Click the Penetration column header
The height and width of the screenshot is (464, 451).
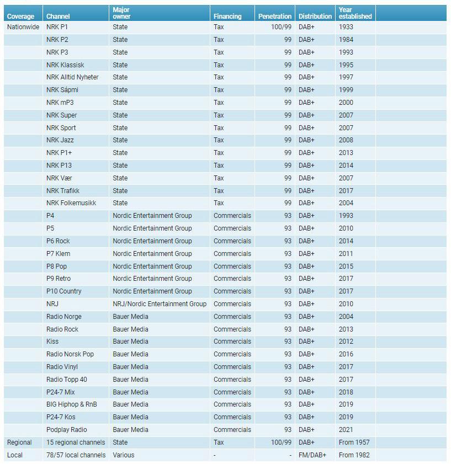[x=274, y=17]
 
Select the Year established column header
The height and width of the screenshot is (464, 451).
[x=355, y=13]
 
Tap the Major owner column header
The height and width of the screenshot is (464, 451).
[x=121, y=13]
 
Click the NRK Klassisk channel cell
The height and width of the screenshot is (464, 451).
[x=65, y=65]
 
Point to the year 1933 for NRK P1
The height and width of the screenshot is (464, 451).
[x=346, y=27]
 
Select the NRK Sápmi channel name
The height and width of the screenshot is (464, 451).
[x=62, y=90]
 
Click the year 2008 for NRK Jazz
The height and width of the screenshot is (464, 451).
[x=346, y=140]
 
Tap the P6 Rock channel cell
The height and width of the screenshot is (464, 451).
[x=58, y=241]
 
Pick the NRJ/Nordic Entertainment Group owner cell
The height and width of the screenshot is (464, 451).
[x=160, y=304]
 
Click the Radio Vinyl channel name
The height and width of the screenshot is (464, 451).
[x=62, y=367]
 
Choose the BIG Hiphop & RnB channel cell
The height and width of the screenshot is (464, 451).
[x=71, y=404]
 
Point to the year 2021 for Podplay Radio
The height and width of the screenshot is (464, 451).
[x=346, y=430]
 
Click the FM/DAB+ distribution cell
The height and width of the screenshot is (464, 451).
[x=312, y=455]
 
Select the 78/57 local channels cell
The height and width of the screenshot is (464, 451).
[x=76, y=455]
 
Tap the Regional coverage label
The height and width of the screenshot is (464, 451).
[x=19, y=442]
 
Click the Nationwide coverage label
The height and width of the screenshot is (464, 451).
[x=23, y=27]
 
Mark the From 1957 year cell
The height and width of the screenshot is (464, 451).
[x=354, y=442]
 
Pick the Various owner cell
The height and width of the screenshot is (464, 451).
[x=124, y=455]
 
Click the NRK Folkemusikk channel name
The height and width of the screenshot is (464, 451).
[x=71, y=203]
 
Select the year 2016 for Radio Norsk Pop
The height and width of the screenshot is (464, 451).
[x=346, y=354]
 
